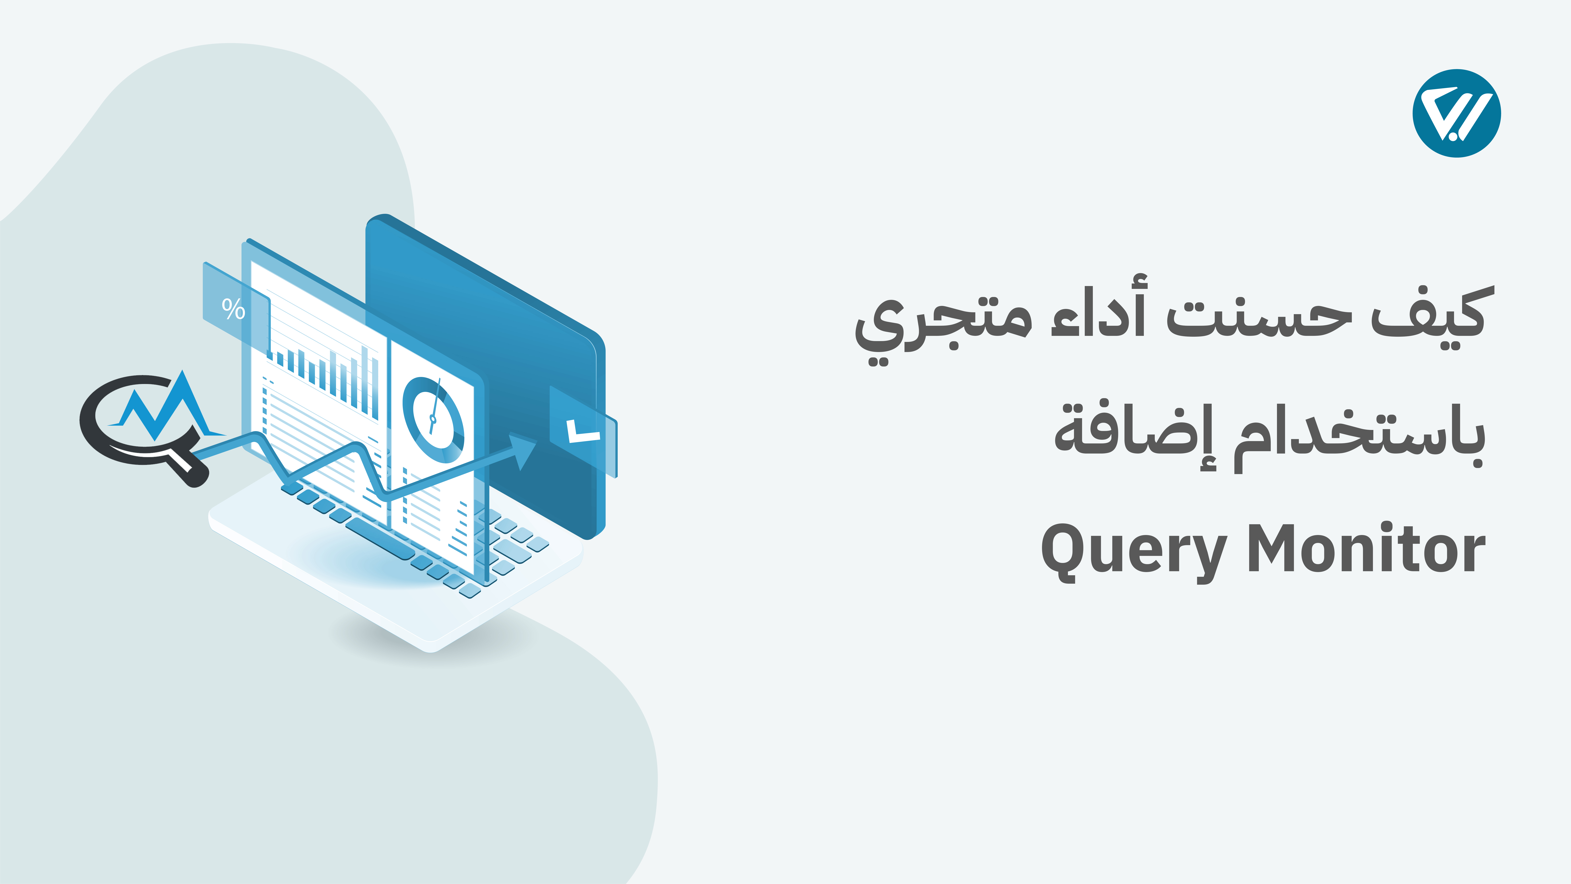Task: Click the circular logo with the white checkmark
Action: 1456,113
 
